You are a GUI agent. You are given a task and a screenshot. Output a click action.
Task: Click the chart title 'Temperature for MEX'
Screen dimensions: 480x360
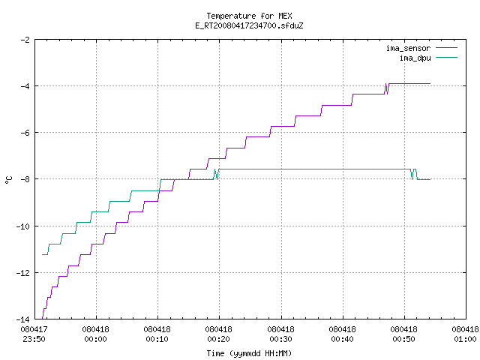[249, 16]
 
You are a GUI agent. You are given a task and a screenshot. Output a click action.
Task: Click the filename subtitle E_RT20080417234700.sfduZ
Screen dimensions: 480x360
[249, 25]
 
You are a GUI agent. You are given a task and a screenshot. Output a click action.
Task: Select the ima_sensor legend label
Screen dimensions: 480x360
[408, 48]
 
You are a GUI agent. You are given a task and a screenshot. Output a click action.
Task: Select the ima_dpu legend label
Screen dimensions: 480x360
[415, 58]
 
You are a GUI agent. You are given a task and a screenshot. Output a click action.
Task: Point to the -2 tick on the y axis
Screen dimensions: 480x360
[25, 40]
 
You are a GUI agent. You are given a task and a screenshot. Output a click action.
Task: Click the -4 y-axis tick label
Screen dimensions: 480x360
[25, 86]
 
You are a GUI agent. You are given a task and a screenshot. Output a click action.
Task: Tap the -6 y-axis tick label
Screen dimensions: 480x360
[25, 133]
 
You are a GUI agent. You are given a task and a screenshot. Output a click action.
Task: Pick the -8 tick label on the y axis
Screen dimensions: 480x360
[25, 179]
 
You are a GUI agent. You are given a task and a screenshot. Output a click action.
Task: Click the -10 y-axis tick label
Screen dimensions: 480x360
[23, 226]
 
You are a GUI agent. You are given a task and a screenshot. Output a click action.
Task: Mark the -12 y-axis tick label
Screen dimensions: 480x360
[23, 273]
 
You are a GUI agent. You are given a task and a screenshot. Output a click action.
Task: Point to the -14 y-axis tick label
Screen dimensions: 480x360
[23, 319]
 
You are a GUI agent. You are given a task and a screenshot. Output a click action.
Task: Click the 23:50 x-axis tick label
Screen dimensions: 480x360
[34, 339]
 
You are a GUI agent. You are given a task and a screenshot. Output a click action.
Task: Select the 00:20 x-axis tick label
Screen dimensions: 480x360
[218, 339]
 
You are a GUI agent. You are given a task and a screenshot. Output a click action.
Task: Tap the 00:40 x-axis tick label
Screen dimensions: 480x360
[342, 339]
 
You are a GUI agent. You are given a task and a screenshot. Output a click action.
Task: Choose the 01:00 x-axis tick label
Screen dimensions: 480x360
[465, 339]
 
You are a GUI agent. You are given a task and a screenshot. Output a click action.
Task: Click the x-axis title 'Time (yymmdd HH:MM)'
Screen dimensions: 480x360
[249, 353]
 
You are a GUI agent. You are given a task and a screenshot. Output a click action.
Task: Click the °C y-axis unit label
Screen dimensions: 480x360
[8, 180]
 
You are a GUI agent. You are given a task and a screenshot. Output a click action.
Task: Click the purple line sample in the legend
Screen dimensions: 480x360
[446, 48]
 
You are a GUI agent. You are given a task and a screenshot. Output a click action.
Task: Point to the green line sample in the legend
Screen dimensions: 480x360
[446, 58]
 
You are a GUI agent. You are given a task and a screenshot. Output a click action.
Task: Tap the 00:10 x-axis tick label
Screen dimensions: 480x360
[157, 339]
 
